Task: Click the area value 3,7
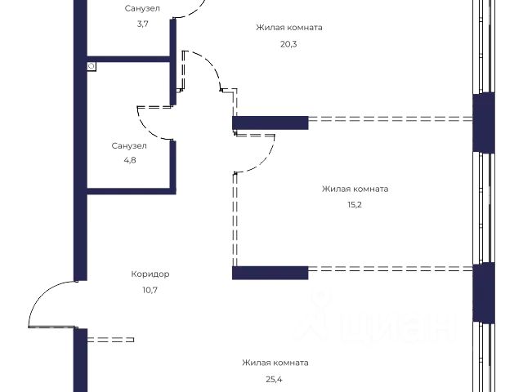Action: [142, 24]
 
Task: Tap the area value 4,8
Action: [129, 162]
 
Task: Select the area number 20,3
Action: [288, 43]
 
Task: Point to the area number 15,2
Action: [354, 205]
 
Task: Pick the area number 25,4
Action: [275, 379]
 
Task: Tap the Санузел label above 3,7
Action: [142, 8]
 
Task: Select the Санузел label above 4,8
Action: [129, 146]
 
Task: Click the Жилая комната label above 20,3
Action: [288, 27]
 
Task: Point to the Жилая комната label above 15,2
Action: [355, 189]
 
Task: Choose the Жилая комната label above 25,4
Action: [275, 363]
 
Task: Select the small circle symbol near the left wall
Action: [92, 65]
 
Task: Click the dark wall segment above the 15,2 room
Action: [270, 122]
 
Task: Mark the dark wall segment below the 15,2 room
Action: [270, 272]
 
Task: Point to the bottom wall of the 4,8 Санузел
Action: [131, 191]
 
